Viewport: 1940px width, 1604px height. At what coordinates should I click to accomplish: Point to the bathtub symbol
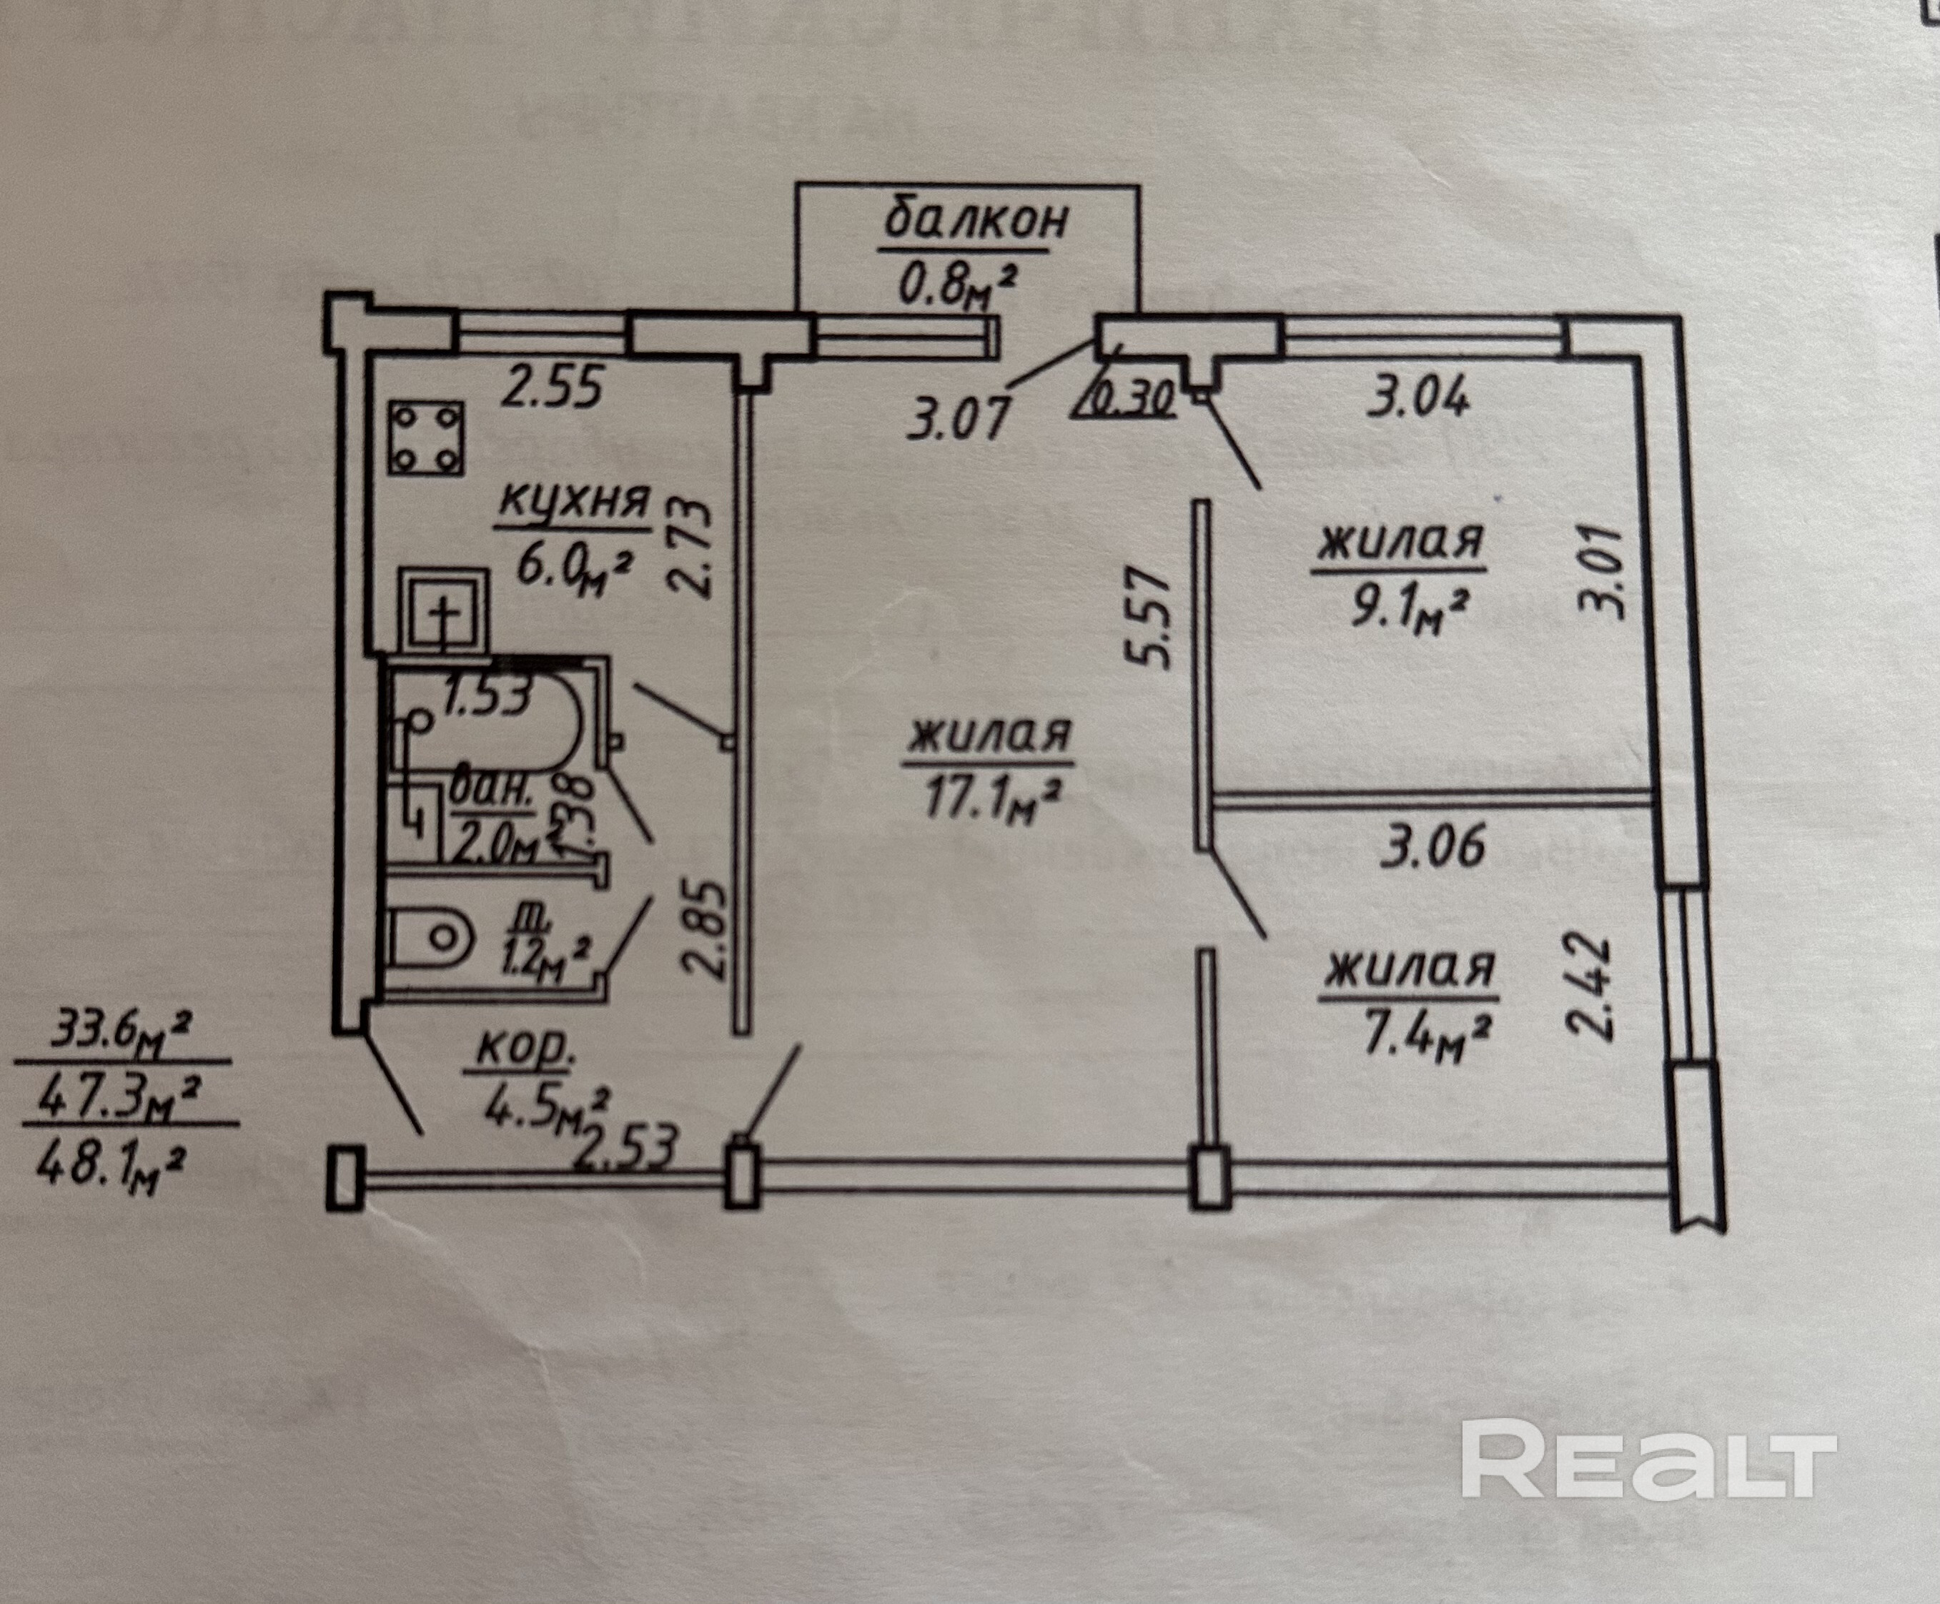[490, 721]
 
